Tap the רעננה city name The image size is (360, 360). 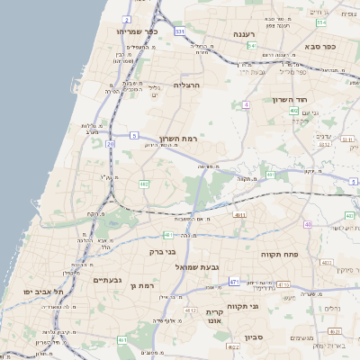pyautogui.click(x=245, y=34)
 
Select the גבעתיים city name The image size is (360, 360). pyautogui.click(x=113, y=280)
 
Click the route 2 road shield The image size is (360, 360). pyautogui.click(x=128, y=19)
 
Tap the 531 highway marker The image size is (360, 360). pyautogui.click(x=180, y=31)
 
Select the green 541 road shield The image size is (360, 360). pyautogui.click(x=252, y=45)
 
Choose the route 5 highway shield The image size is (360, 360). pyautogui.click(x=133, y=134)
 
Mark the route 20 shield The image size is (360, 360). pyautogui.click(x=111, y=143)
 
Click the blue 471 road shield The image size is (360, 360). pyautogui.click(x=234, y=282)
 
